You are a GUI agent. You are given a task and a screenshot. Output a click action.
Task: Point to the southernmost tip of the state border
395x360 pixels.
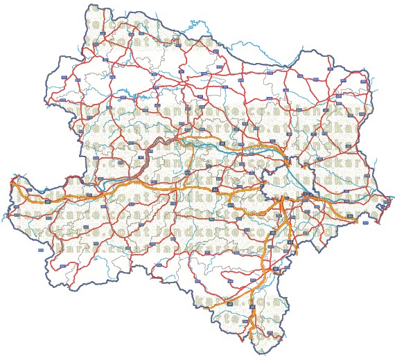[261, 354]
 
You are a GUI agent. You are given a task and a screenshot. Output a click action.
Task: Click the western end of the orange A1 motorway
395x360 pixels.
[11, 181]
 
